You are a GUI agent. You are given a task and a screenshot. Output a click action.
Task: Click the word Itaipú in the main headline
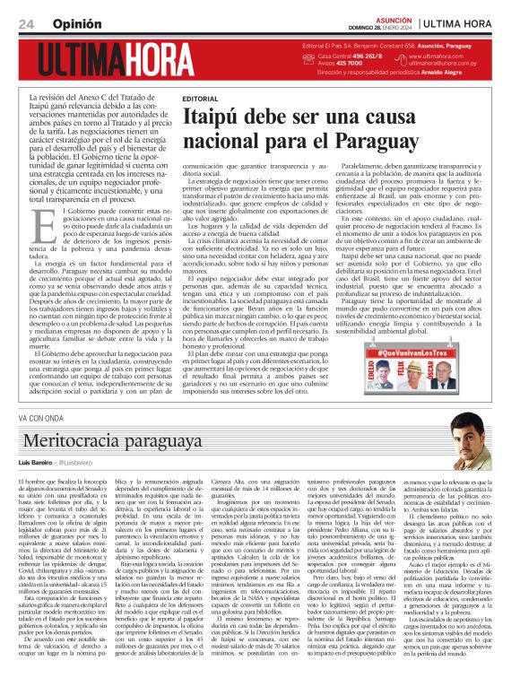pos(217,117)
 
